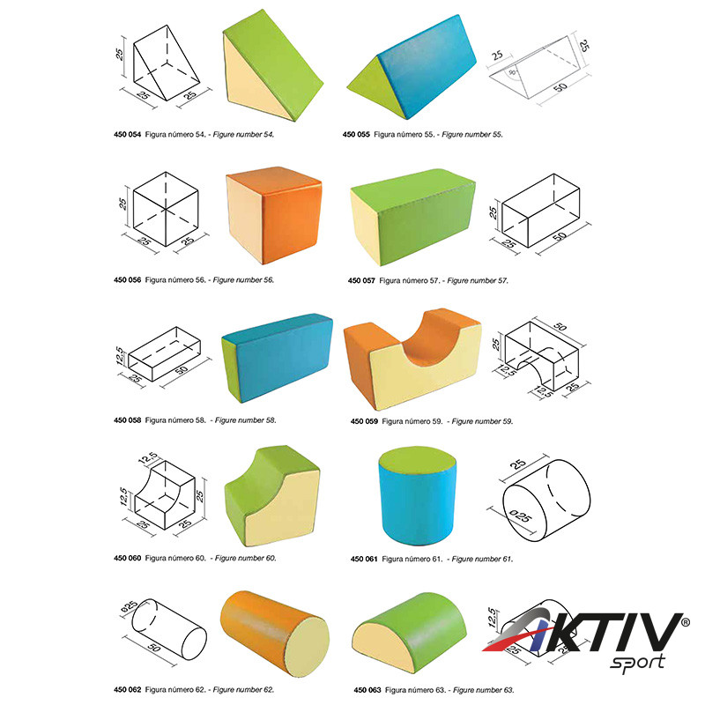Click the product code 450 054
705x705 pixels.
tap(127, 135)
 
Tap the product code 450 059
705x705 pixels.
tap(364, 421)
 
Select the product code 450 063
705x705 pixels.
tap(367, 690)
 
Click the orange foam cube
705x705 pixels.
tap(274, 215)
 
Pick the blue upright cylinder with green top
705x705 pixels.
tap(417, 495)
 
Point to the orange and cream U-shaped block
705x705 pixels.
tap(412, 359)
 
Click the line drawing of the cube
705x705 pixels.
tap(166, 209)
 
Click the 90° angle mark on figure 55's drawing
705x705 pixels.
tap(512, 72)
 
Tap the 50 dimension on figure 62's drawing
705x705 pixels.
tap(153, 648)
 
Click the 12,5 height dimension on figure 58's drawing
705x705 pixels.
tap(119, 355)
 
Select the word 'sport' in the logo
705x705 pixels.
tap(637, 663)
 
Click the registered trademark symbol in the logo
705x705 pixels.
tap(686, 623)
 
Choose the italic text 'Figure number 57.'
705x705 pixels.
tap(478, 280)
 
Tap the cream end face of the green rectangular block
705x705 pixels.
tap(365, 227)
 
